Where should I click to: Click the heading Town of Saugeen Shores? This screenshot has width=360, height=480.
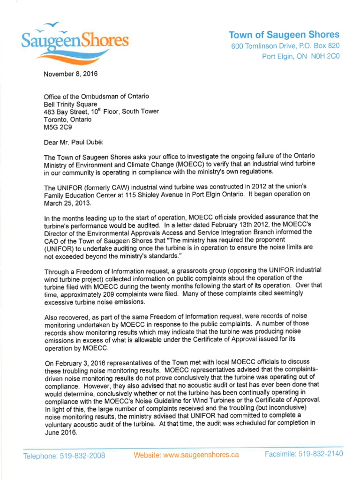(x=284, y=35)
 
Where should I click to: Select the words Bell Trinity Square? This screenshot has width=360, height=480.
(x=70, y=104)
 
